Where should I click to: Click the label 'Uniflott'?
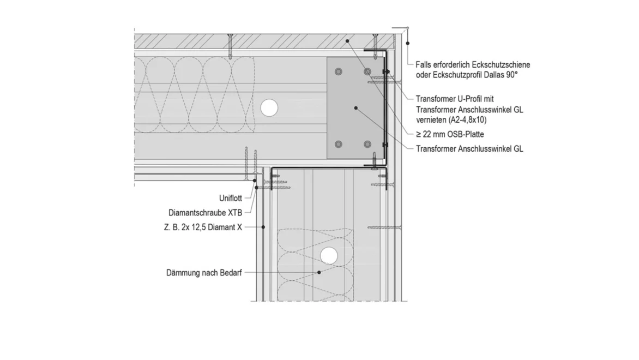tap(231, 199)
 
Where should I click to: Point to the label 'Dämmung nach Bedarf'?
tap(204, 272)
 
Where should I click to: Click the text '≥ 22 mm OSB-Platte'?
tap(450, 134)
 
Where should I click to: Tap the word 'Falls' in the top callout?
tap(425, 65)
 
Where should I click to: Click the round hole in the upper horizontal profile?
tap(268, 107)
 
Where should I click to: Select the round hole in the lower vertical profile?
tap(328, 255)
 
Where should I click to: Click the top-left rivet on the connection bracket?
tap(339, 71)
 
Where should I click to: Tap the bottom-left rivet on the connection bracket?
tap(339, 145)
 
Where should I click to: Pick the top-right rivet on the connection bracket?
tap(367, 71)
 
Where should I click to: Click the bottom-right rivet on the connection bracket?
tap(367, 145)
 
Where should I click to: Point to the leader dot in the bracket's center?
tap(355, 108)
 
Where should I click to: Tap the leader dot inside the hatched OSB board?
tap(346, 41)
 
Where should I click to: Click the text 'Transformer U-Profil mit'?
tap(454, 99)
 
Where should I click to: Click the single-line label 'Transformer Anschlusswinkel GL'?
tap(469, 148)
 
